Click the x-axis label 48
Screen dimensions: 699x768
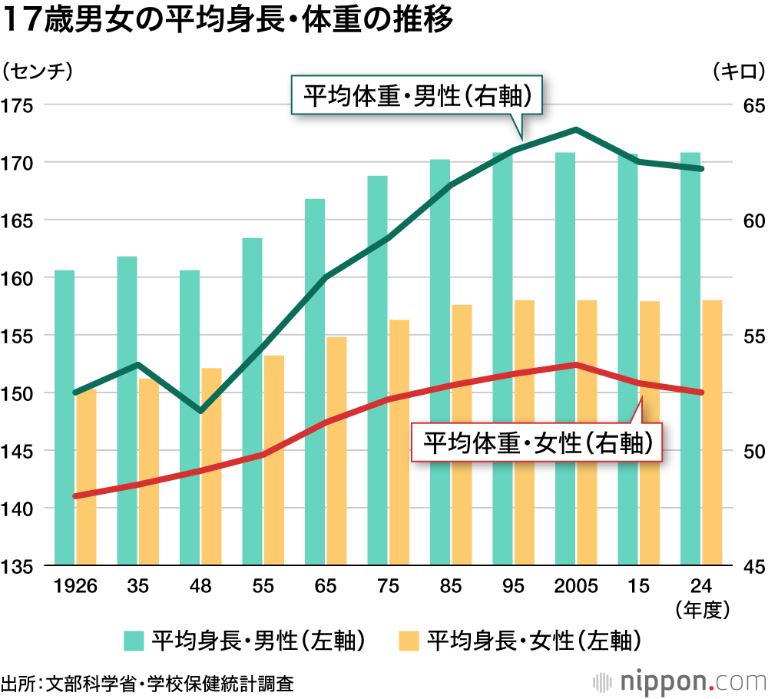click(x=200, y=586)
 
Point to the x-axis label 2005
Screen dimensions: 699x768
click(x=576, y=586)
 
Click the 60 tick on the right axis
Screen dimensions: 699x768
click(x=749, y=220)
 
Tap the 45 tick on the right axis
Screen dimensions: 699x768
click(x=749, y=566)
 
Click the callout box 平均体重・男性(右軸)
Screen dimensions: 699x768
click(x=417, y=96)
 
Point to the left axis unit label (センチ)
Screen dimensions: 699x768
click(x=38, y=71)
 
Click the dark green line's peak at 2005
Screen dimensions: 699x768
click(x=576, y=129)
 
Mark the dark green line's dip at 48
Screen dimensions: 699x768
click(x=200, y=411)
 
